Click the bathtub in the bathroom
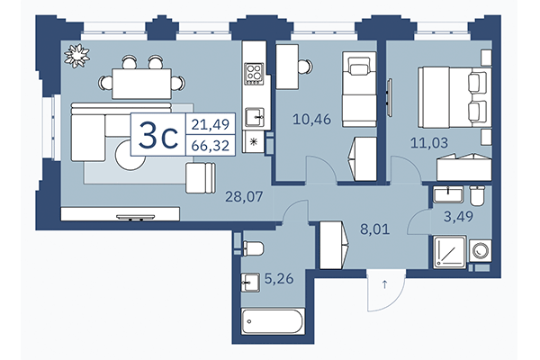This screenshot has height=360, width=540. pyautogui.click(x=274, y=322)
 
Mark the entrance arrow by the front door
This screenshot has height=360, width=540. pyautogui.click(x=385, y=286)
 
